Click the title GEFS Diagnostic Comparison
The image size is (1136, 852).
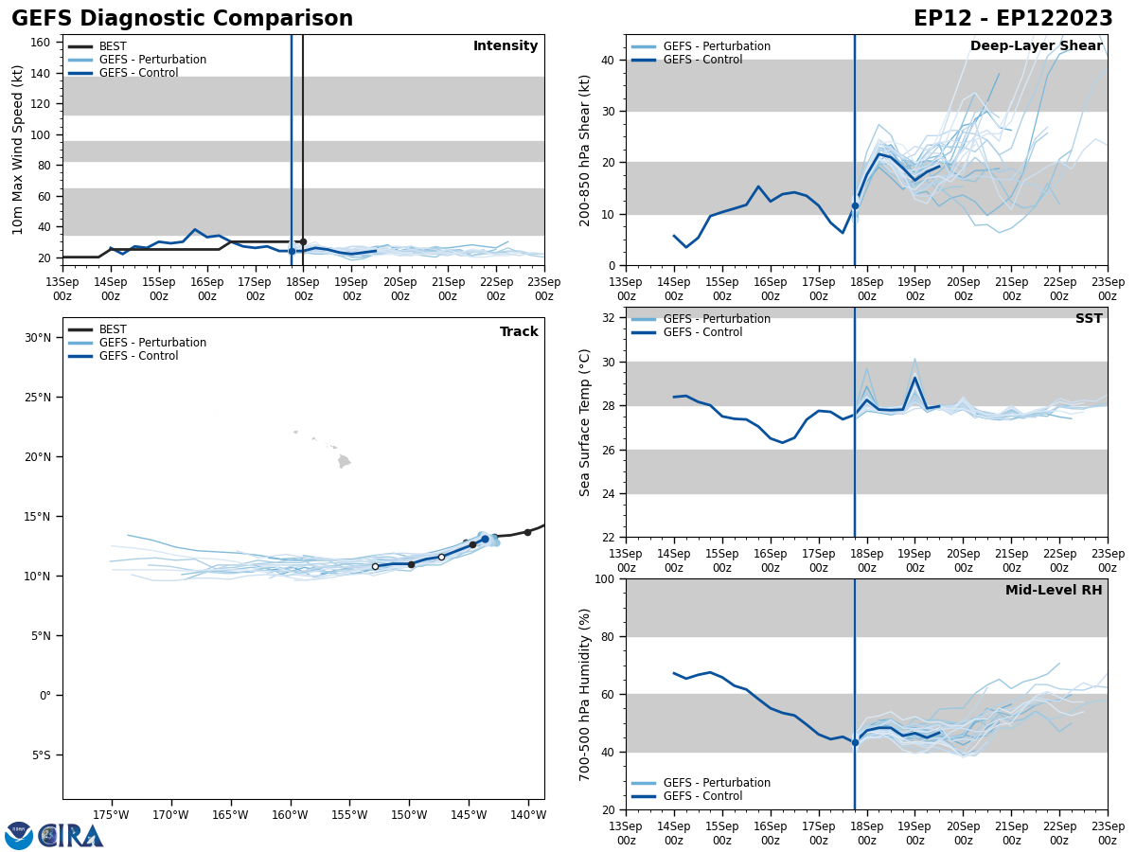click(182, 19)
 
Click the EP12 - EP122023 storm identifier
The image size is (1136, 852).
click(1013, 19)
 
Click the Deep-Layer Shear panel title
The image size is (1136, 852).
click(1036, 46)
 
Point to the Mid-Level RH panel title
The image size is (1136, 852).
click(1054, 591)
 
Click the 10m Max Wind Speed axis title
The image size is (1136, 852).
click(18, 150)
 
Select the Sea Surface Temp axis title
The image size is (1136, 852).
click(586, 422)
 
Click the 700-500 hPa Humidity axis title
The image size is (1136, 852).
click(586, 695)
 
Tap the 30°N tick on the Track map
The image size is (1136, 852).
click(38, 338)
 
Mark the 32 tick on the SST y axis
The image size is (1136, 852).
click(607, 318)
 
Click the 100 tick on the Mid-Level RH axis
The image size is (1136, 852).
click(603, 578)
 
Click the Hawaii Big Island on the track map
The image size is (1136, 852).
click(344, 461)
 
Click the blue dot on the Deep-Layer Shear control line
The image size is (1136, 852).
click(855, 205)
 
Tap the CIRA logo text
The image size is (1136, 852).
click(71, 836)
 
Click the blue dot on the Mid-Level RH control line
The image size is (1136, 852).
click(855, 742)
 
